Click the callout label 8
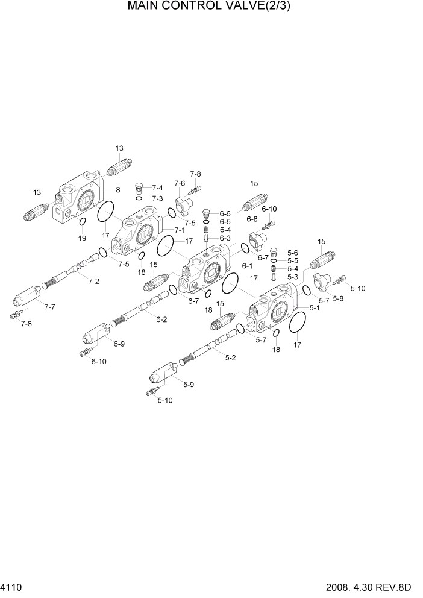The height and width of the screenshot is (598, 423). [x=117, y=190]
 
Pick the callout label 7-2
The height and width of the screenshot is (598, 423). [x=93, y=281]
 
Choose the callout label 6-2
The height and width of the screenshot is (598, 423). [x=161, y=319]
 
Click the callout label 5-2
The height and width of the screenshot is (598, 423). [x=231, y=358]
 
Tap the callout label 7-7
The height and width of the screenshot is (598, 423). [x=49, y=307]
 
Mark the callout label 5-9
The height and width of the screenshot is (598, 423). [x=188, y=385]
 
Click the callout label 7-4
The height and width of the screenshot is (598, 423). [x=157, y=188]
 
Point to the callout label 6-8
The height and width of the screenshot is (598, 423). [x=252, y=219]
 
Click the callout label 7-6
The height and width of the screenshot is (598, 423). [x=180, y=183]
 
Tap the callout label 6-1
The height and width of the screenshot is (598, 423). [x=247, y=266]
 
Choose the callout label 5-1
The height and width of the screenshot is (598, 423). [x=315, y=307]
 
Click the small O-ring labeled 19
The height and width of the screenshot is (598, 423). [x=82, y=224]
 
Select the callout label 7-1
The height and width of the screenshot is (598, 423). [x=180, y=230]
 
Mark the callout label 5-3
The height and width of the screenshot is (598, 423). [x=293, y=277]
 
